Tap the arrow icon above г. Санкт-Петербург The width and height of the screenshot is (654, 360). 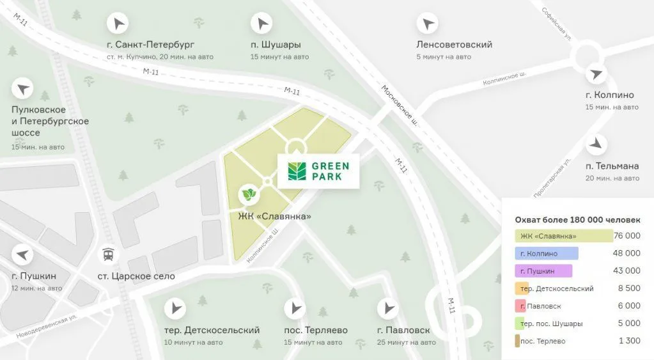(x=118, y=24)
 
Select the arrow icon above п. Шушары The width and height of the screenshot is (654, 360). (x=261, y=24)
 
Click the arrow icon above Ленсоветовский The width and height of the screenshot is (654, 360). (x=427, y=24)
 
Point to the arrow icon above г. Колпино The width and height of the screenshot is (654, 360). (x=596, y=74)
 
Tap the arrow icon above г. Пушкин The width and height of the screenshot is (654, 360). (x=23, y=254)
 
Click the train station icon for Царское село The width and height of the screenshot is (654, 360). (x=109, y=255)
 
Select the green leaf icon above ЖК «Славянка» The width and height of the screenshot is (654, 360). (x=248, y=193)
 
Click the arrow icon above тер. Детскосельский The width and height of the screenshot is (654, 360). (x=175, y=309)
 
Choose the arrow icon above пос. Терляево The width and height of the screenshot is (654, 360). (x=295, y=309)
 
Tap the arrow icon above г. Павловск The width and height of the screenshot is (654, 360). (x=387, y=309)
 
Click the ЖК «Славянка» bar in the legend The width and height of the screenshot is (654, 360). (x=563, y=236)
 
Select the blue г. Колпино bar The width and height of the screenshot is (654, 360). (x=546, y=253)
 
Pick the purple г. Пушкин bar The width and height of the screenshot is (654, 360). (x=543, y=271)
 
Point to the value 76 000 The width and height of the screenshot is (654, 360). (x=627, y=236)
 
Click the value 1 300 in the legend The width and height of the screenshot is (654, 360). (x=630, y=341)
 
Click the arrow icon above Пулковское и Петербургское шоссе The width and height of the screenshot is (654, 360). (x=23, y=88)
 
